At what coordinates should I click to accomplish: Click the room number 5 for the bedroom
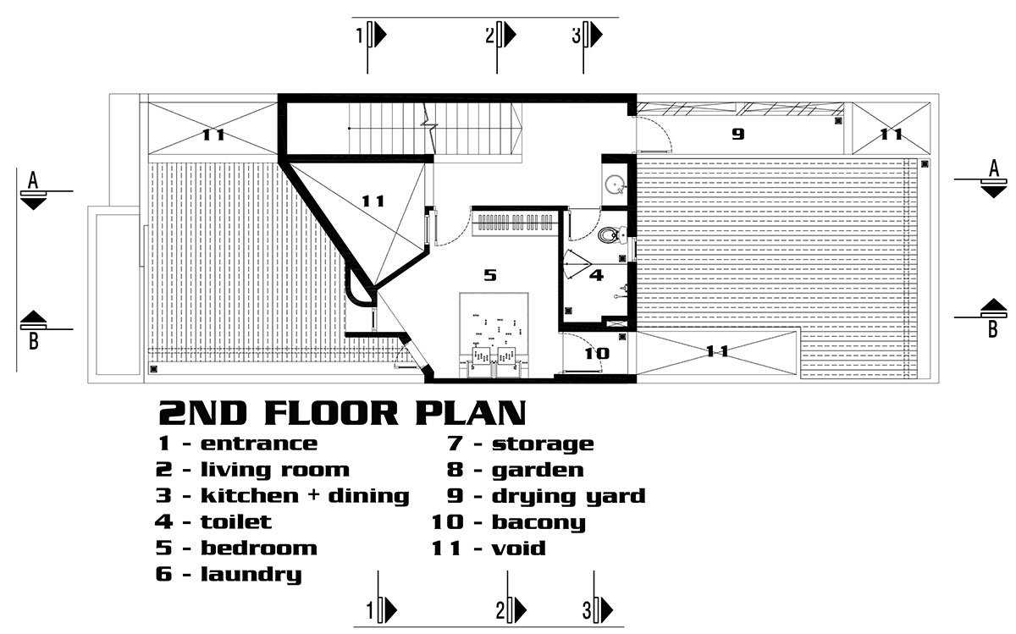click(490, 275)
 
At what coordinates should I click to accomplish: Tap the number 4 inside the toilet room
click(596, 275)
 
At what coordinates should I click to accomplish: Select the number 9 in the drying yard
click(738, 135)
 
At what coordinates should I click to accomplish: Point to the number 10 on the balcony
click(597, 354)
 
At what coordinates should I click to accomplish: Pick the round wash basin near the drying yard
click(615, 185)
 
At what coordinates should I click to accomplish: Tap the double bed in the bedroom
click(494, 334)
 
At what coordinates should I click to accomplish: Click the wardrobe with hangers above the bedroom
click(516, 223)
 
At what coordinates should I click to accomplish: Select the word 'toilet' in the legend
click(236, 522)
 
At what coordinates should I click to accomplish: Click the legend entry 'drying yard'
click(569, 497)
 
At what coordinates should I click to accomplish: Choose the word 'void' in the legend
click(518, 549)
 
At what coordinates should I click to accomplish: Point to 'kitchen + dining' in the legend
click(305, 496)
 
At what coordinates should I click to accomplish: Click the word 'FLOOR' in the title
click(331, 414)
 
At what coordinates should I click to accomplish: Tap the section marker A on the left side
click(34, 189)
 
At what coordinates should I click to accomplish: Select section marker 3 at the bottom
click(598, 610)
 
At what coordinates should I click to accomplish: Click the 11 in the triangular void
click(373, 201)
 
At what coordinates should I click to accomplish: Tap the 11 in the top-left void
click(213, 135)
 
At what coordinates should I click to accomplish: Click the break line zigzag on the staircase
click(428, 129)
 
